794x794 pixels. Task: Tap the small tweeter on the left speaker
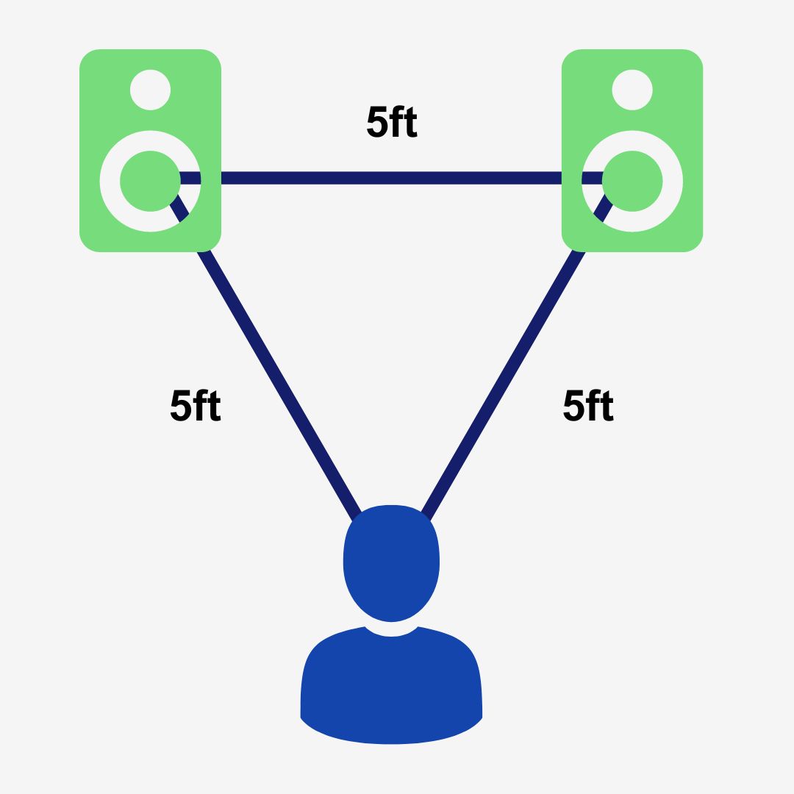coord(151,90)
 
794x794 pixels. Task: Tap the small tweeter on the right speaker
coord(632,90)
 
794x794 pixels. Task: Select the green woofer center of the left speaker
coord(150,181)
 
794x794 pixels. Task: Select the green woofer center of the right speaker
coord(632,181)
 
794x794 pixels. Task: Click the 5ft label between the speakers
coord(393,122)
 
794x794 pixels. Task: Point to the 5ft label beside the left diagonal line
coord(196,406)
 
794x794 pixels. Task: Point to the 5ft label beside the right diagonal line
coord(588,406)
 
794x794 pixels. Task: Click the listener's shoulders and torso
coord(391,691)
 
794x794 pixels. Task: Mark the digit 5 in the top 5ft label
coord(376,122)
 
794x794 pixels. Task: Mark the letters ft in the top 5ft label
coord(404,122)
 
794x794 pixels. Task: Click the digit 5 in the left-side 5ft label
coord(180,406)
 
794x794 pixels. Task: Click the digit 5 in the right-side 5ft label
coord(573,406)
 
